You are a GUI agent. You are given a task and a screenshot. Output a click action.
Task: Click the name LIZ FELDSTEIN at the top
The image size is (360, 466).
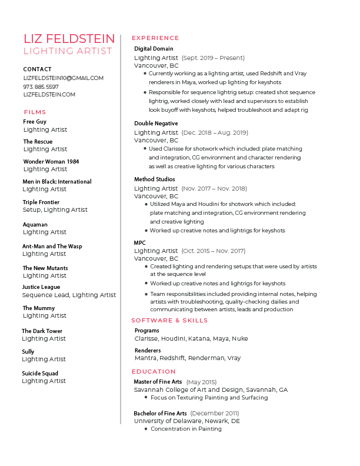[x=69, y=39]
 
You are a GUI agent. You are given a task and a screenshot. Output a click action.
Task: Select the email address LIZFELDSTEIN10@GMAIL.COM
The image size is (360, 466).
[x=63, y=78]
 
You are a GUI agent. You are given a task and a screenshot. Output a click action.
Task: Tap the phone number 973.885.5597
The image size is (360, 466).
[x=41, y=86]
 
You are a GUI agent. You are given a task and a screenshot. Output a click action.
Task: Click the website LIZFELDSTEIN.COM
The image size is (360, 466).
[x=49, y=95]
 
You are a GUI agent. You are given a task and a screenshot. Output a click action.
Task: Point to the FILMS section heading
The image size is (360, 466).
[x=35, y=112]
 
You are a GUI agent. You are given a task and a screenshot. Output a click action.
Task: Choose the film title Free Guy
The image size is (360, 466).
[x=35, y=122]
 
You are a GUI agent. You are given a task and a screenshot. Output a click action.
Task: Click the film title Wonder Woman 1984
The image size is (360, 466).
[x=51, y=161]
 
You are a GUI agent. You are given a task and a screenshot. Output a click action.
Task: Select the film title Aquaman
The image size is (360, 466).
[x=35, y=224]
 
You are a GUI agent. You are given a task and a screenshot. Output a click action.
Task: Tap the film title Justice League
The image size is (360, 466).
[x=41, y=287]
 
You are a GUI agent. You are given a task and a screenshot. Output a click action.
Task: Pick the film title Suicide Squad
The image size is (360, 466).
[x=40, y=373]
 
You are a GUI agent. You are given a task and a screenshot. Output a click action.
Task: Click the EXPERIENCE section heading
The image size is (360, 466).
[x=155, y=38]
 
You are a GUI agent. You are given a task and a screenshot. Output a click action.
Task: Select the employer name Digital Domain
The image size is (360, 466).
[x=154, y=49]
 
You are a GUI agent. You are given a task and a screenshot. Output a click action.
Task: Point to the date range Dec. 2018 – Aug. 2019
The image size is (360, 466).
[x=215, y=133]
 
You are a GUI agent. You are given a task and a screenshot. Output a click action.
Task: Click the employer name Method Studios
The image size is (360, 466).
[x=155, y=179]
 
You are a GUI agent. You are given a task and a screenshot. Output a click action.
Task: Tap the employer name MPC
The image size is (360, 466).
[x=140, y=243]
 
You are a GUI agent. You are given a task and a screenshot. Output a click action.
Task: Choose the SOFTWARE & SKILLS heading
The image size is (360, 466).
[x=169, y=321]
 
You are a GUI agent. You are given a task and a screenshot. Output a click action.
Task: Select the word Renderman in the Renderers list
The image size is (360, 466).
[x=206, y=358]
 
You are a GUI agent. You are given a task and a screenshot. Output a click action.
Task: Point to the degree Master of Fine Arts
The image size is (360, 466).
[x=158, y=382]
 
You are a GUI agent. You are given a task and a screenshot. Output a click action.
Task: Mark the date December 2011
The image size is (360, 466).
[x=215, y=414]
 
